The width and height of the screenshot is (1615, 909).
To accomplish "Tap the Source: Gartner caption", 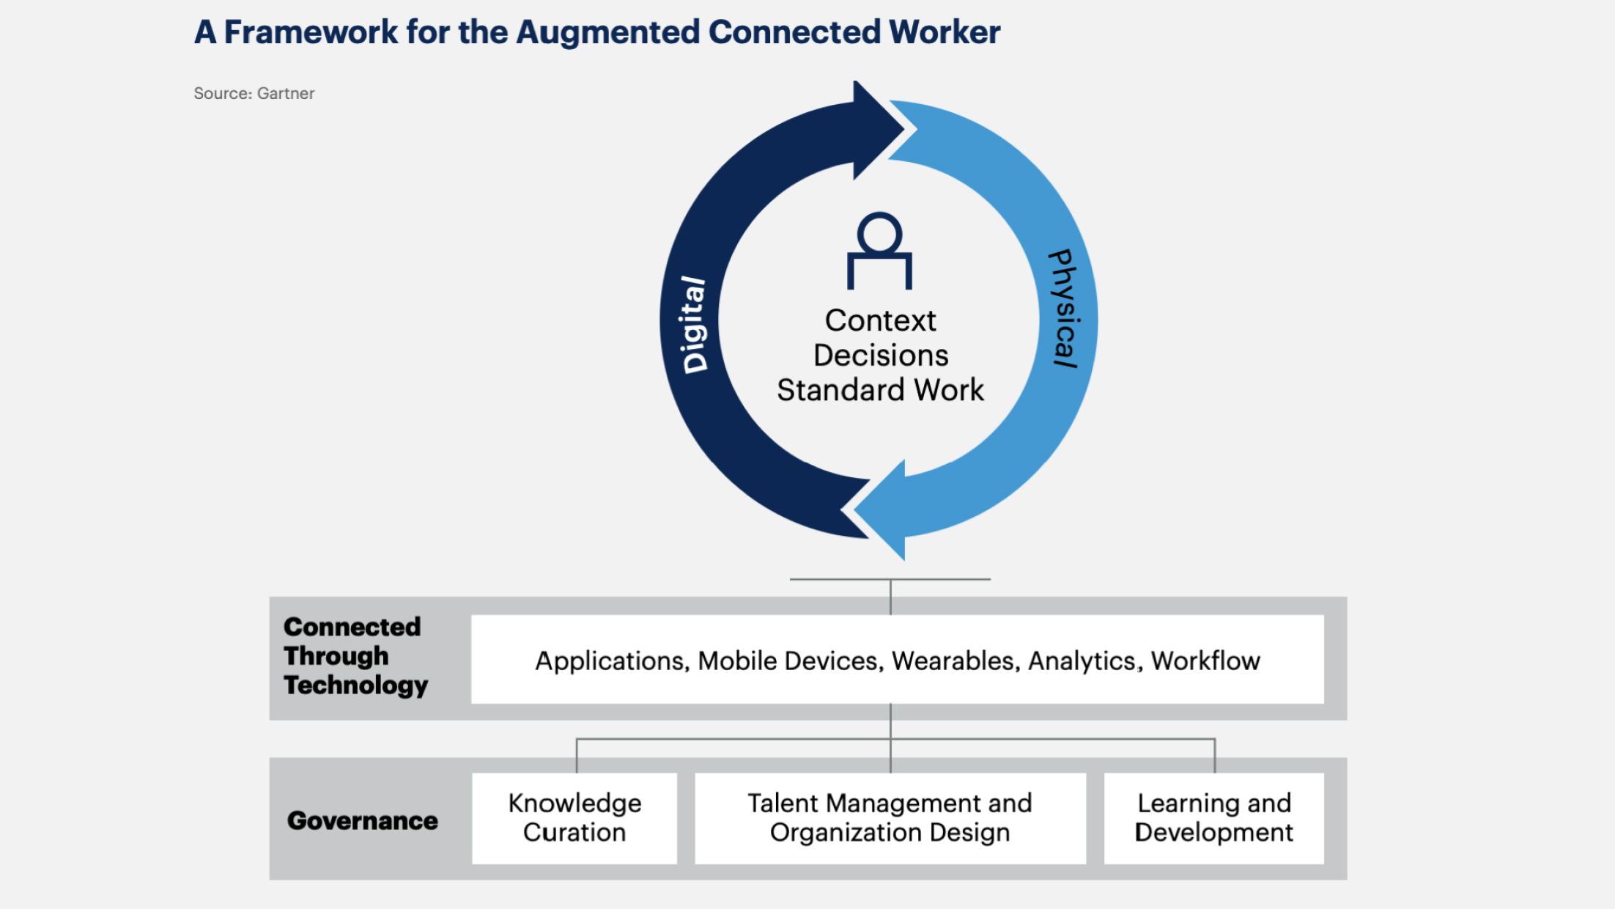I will point(254,93).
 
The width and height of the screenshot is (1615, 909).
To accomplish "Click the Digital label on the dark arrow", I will point(694,324).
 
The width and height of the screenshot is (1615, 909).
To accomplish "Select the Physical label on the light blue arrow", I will point(1064,308).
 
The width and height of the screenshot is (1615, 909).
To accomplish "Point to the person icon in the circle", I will point(879,251).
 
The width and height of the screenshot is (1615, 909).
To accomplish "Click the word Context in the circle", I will point(880,320).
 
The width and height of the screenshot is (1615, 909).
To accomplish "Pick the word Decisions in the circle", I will point(881,356).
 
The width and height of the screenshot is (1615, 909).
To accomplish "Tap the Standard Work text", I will point(880,390).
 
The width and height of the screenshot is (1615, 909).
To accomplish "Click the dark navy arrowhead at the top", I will point(876,130).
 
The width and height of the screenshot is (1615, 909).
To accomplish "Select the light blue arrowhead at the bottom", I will point(883,509).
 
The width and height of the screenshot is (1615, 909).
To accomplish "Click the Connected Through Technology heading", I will point(355,656).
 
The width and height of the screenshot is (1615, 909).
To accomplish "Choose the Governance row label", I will point(362,820).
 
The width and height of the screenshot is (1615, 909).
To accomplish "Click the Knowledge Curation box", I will point(574,818).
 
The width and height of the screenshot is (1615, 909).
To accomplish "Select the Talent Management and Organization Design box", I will point(890,818).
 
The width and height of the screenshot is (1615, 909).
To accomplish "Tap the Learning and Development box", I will point(1213,818).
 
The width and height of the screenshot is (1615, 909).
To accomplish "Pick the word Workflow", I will point(1205,661).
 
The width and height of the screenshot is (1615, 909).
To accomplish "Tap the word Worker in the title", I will point(945,32).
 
